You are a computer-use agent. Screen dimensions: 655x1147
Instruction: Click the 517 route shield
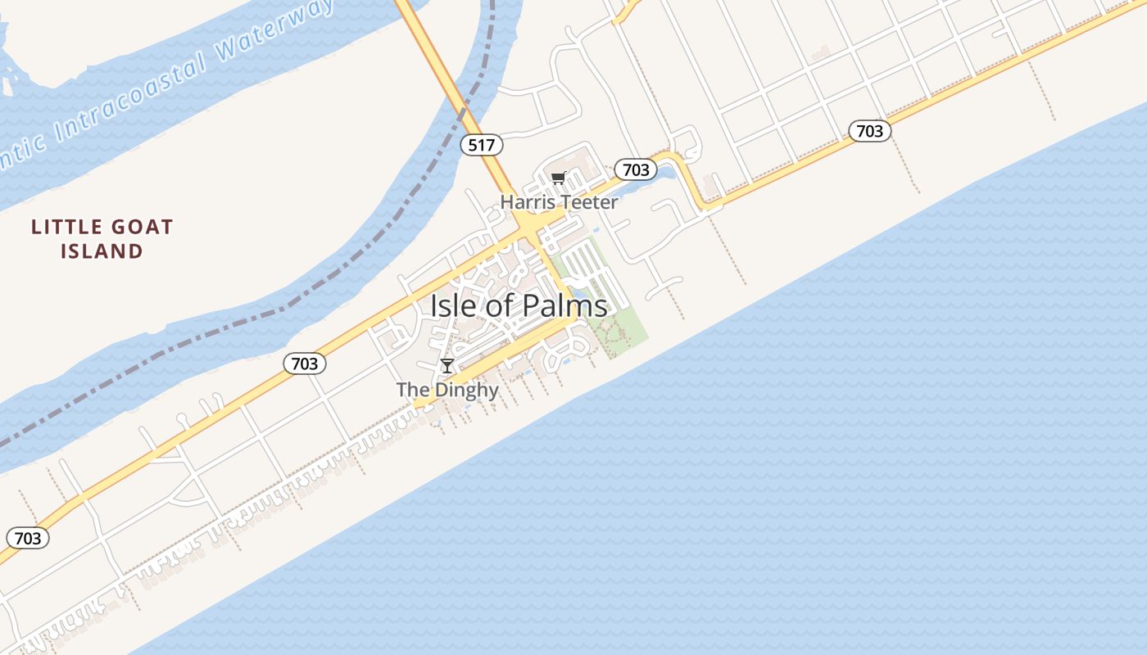481,145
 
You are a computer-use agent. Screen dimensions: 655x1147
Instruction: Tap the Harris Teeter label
559,201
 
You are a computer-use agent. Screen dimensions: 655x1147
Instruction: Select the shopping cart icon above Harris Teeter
559,178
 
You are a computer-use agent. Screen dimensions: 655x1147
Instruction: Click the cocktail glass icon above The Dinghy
447,365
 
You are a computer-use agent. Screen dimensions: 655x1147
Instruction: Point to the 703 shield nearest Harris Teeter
636,169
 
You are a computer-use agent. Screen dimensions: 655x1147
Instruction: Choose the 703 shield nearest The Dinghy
305,363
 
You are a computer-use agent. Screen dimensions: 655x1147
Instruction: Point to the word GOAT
136,227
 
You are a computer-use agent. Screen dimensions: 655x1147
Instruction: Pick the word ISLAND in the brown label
102,251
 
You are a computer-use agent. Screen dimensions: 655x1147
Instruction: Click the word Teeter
589,201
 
